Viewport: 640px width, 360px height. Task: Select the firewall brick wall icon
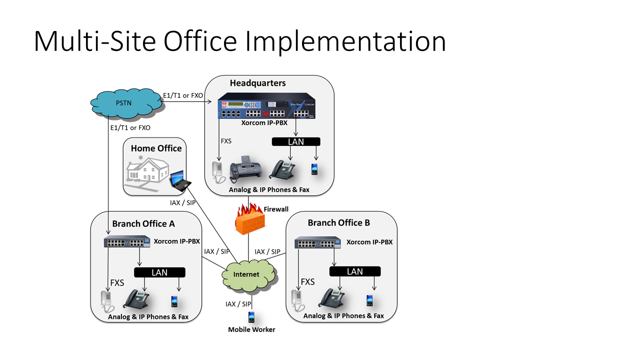248,220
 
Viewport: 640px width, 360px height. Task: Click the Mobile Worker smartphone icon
251,317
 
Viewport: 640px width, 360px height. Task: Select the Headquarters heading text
257,83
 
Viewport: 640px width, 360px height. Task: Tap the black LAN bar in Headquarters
296,142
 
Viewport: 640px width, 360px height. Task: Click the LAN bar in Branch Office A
159,272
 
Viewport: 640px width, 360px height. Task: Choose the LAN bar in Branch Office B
354,271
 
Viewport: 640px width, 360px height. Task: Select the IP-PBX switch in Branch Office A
127,242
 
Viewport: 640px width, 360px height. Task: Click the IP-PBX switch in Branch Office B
317,243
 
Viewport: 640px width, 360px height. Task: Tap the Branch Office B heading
338,223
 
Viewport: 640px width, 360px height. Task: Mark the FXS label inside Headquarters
226,141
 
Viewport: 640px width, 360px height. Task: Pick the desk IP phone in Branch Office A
136,299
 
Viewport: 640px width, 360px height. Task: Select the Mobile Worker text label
251,329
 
